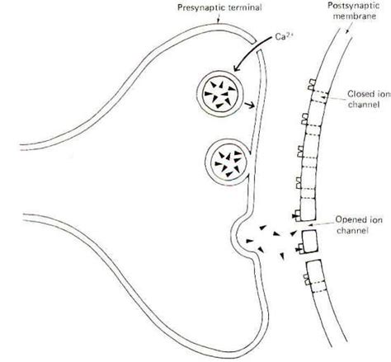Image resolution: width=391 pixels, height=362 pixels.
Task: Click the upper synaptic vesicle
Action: (x=221, y=96)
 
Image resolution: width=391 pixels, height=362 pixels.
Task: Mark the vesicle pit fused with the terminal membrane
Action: (x=247, y=234)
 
